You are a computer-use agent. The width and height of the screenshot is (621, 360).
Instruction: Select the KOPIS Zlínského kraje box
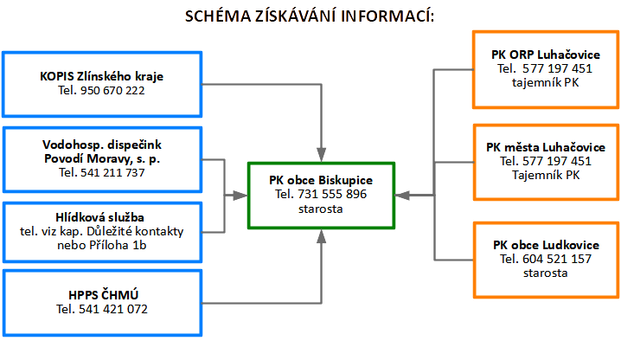tap(102, 84)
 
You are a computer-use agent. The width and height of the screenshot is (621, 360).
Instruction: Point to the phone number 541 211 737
tap(112, 172)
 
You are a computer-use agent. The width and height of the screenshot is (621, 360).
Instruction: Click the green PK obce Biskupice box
tap(321, 194)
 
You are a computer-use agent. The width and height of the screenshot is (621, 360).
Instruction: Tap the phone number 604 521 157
tap(544, 259)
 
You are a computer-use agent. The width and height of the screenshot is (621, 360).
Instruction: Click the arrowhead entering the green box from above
tap(321, 154)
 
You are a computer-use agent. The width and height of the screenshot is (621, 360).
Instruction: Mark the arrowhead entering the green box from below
tap(321, 235)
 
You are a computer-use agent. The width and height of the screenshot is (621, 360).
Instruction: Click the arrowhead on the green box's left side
tap(241, 195)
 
